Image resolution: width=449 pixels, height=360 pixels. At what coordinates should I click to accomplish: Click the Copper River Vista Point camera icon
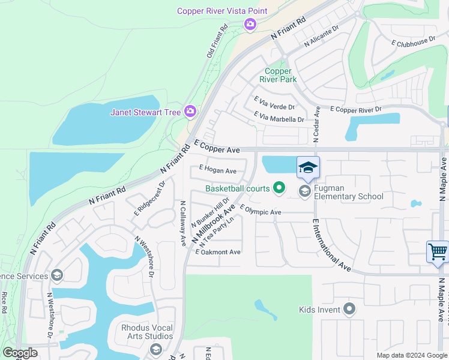point(250,24)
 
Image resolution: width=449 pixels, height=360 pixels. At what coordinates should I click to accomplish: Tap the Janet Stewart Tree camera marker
point(190,112)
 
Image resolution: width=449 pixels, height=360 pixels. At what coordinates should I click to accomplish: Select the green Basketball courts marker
point(279,188)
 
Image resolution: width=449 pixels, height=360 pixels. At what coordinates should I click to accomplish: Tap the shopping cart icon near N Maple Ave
point(438,251)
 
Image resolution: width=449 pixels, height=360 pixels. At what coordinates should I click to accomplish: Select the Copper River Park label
point(278,75)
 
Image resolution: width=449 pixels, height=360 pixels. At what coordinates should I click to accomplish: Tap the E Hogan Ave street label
point(218,171)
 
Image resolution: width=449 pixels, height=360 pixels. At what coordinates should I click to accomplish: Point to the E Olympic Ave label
point(261,211)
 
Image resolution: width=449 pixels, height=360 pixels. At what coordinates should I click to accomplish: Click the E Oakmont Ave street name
point(218,252)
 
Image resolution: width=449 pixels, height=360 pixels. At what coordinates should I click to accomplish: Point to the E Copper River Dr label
point(356,110)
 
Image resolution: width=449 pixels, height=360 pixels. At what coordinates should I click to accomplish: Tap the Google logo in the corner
point(20,353)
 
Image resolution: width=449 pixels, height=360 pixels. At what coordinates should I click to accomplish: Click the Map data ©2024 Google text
point(412,355)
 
